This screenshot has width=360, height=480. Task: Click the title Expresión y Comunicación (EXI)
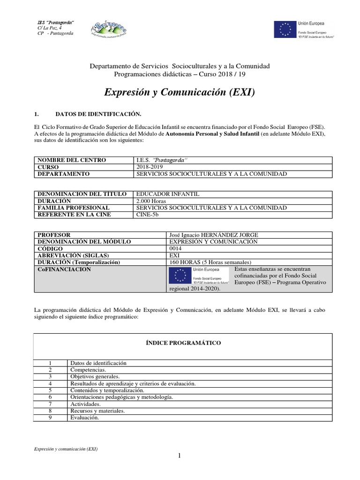click(x=180, y=92)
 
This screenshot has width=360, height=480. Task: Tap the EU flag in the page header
click(x=285, y=29)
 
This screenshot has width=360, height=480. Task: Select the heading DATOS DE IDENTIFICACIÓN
click(x=98, y=114)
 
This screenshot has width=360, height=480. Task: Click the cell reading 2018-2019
click(x=148, y=167)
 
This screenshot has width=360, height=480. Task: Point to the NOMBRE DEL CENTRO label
click(x=72, y=160)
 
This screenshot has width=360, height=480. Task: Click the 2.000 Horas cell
click(x=151, y=201)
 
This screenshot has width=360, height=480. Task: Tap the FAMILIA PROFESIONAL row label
click(x=74, y=208)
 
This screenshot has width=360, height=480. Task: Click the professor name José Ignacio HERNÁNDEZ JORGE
click(x=213, y=235)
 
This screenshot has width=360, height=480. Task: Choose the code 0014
click(x=173, y=248)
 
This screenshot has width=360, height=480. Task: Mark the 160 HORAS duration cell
click(x=210, y=262)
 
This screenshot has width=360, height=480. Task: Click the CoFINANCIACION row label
click(x=64, y=270)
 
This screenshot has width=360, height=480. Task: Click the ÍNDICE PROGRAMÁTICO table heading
click(x=183, y=343)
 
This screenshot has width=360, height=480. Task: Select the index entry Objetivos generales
click(x=95, y=377)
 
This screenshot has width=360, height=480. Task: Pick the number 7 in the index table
click(x=50, y=404)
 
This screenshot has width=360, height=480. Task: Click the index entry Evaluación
click(x=84, y=418)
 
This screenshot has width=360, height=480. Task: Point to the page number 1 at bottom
click(x=179, y=457)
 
